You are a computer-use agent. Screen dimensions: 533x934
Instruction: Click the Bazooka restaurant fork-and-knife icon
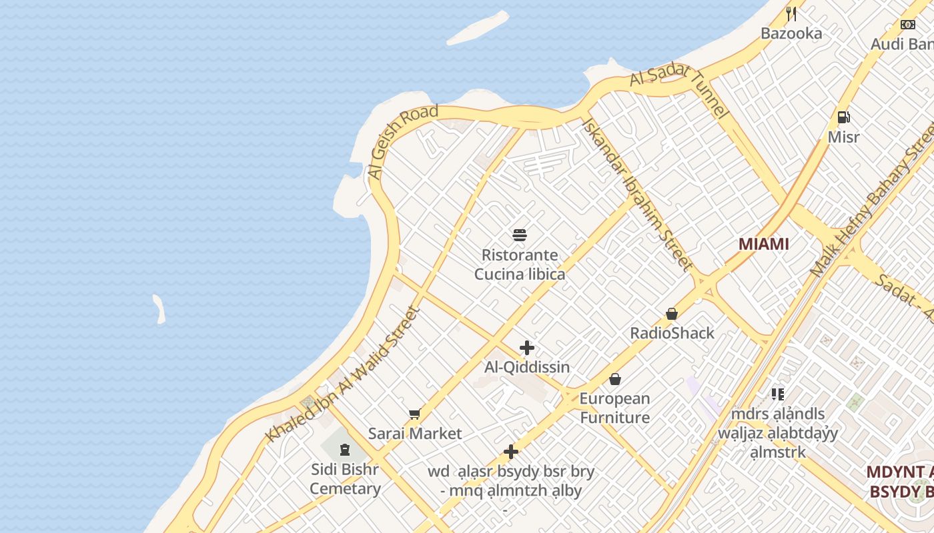[791, 13]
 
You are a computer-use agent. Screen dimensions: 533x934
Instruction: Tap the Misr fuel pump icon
[844, 117]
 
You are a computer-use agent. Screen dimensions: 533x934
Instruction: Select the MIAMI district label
[763, 244]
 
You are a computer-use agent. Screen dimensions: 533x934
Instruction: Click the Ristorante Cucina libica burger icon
[520, 235]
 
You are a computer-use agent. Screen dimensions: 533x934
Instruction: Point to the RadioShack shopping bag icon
[672, 314]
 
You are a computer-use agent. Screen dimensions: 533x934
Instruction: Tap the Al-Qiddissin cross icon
[527, 348]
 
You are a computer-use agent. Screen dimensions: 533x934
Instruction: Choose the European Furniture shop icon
[614, 379]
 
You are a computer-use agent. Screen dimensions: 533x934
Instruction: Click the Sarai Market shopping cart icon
[414, 414]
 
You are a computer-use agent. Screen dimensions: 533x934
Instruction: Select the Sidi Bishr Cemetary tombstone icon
[345, 450]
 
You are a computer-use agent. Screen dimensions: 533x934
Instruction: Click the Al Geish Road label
[403, 141]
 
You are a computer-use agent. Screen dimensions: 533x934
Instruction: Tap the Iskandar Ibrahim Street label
[637, 194]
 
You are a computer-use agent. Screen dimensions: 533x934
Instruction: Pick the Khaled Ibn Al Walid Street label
[344, 374]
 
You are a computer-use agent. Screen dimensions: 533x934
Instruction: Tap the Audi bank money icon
[908, 25]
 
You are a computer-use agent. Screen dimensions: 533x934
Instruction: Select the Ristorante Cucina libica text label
[520, 265]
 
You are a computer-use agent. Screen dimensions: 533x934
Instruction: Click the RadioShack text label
[672, 333]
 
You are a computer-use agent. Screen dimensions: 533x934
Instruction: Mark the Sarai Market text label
[415, 434]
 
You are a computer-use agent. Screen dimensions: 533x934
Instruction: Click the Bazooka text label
[791, 33]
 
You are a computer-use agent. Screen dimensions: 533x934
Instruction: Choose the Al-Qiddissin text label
[527, 367]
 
